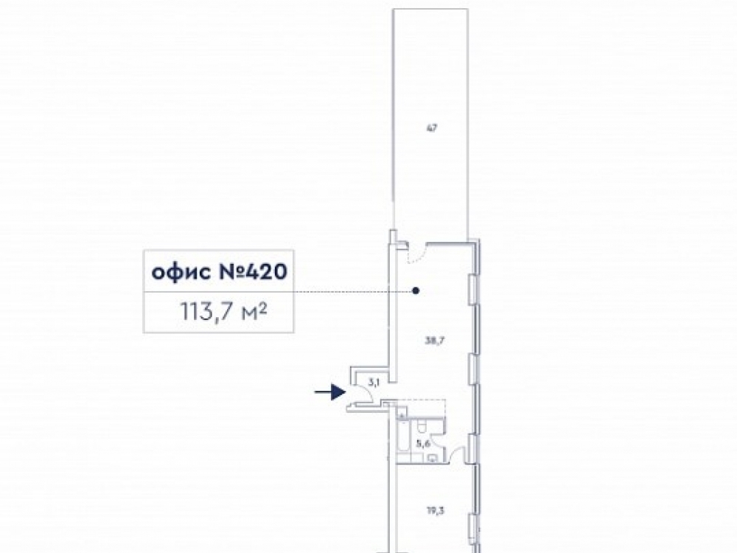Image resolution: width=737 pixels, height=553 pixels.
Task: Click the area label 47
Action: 432,128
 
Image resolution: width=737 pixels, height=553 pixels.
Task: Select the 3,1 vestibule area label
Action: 374,381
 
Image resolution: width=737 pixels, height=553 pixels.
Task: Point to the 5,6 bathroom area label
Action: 422,443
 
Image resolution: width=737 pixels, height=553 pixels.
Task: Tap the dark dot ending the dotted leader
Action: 416,291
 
